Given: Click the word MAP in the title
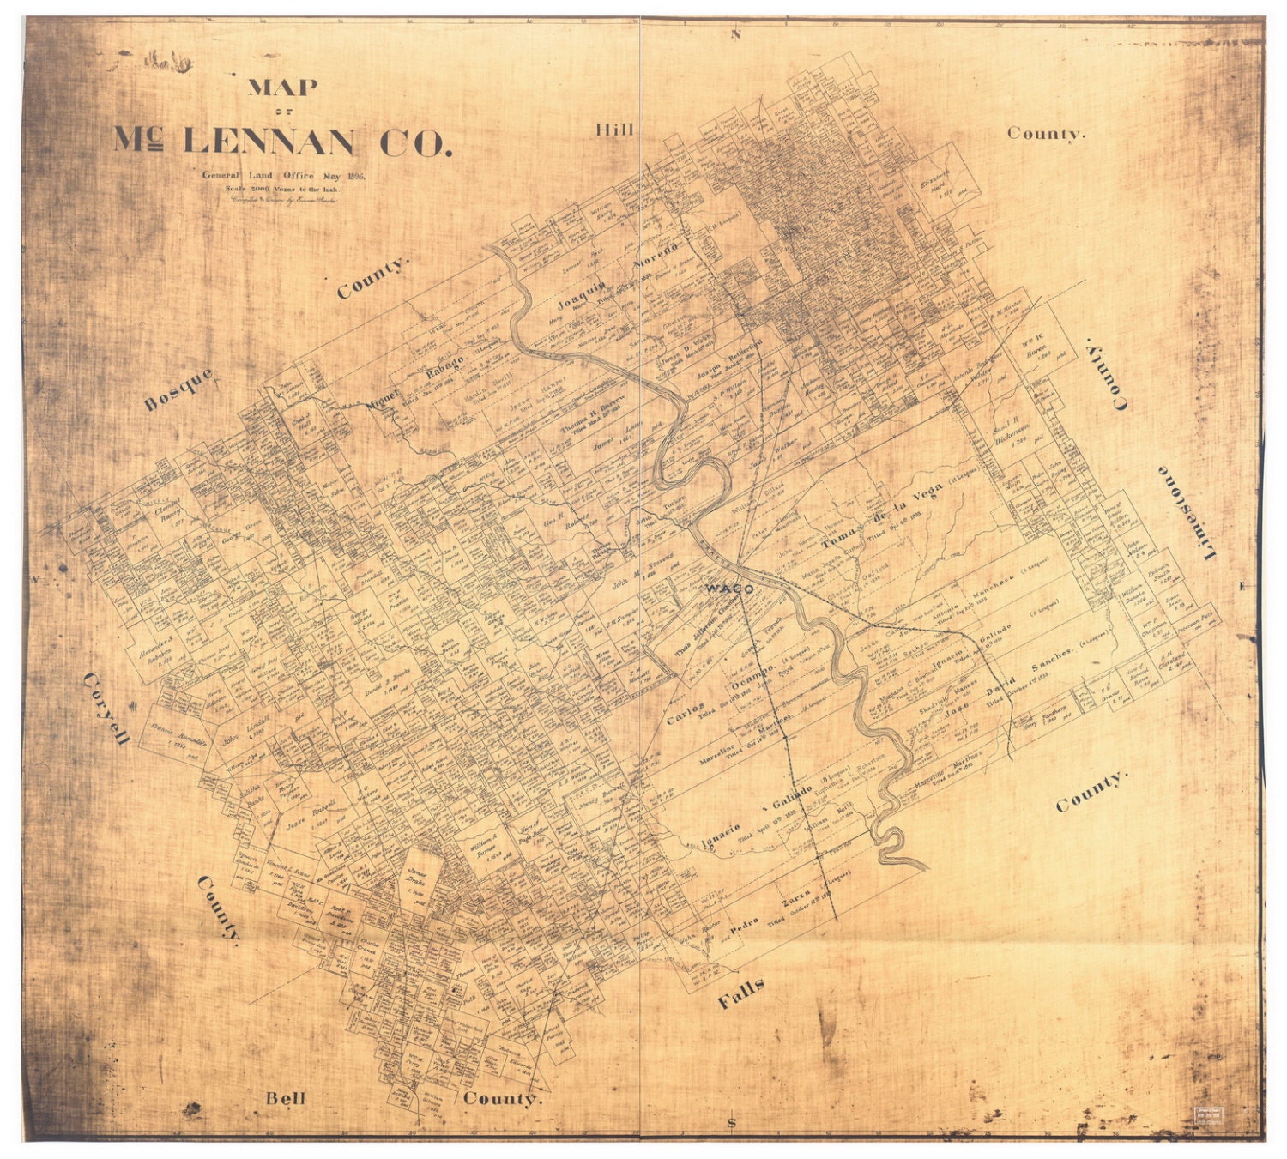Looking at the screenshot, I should pyautogui.click(x=282, y=88).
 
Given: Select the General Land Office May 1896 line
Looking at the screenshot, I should pyautogui.click(x=284, y=176).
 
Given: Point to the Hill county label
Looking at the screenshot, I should pyautogui.click(x=614, y=130).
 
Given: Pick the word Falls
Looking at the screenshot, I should pyautogui.click(x=740, y=993).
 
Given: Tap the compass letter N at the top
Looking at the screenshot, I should pyautogui.click(x=734, y=35).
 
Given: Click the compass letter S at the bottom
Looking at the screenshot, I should pyautogui.click(x=731, y=1123).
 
